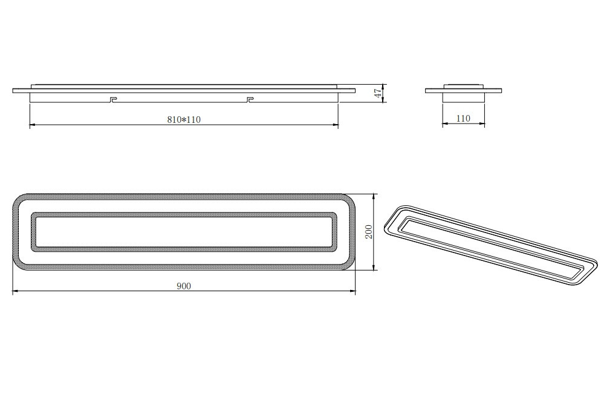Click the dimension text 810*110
[184, 120]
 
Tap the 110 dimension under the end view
[463, 119]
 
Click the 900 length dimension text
[184, 286]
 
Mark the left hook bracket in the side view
[112, 99]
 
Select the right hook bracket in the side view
[250, 99]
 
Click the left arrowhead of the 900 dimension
[15, 292]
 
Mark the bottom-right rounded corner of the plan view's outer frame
[350, 265]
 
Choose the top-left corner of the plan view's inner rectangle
[33, 214]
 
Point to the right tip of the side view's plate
[354, 91]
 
